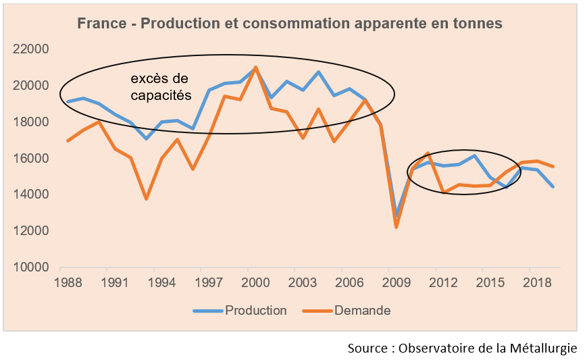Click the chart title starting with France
pos(290,24)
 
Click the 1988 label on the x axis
pos(67,282)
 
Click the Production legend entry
pos(255,311)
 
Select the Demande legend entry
pos(362,311)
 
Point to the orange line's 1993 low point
pos(146,199)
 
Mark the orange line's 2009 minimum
pos(397,227)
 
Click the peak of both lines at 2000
pos(255,67)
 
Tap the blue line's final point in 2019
pos(553,186)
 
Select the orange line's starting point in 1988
pos(67,140)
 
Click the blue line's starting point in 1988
pos(67,101)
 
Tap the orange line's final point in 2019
pos(553,166)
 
